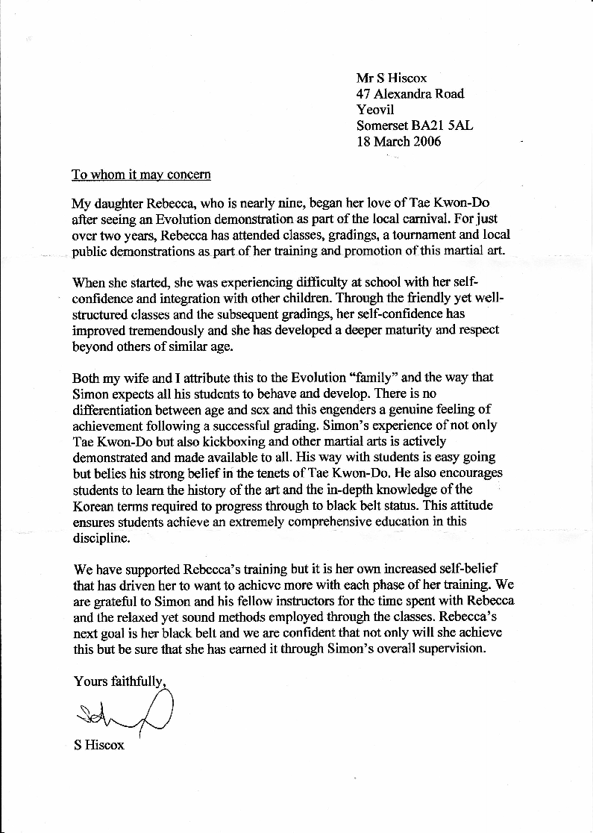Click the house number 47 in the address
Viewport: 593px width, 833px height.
[x=364, y=93]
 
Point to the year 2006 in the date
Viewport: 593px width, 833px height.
[x=425, y=141]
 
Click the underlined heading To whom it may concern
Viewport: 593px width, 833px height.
[x=141, y=175]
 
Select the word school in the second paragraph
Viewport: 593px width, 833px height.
[x=362, y=283]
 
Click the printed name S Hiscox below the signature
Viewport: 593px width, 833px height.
[x=99, y=745]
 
